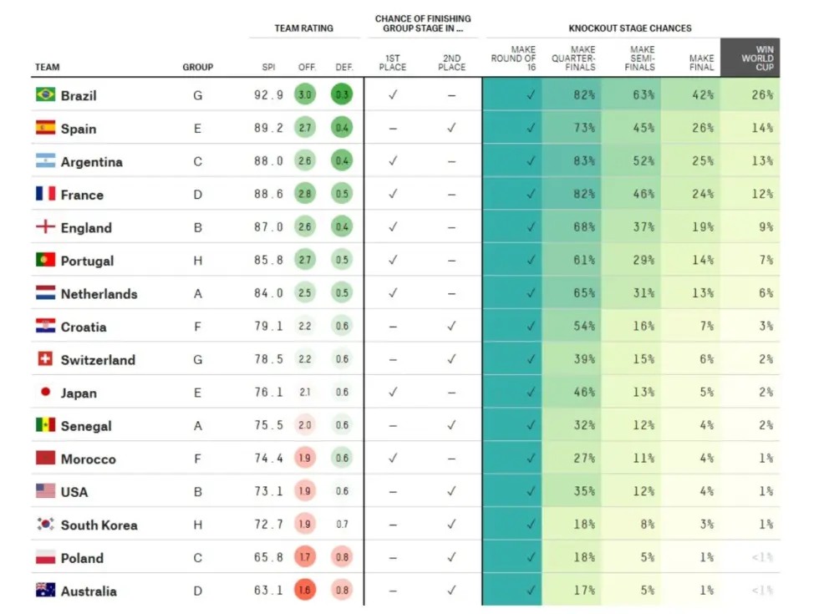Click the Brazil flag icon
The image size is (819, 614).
point(45,95)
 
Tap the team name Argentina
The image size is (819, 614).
point(91,162)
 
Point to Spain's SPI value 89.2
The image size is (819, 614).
point(268,129)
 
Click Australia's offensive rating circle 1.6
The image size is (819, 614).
point(306,591)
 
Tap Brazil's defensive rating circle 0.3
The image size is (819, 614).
point(342,95)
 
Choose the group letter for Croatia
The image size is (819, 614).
point(198,327)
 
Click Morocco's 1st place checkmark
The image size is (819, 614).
point(393,459)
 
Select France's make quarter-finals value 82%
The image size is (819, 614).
point(583,195)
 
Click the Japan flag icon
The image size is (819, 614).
point(45,392)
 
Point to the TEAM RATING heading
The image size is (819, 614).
point(303,28)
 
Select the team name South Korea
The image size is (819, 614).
point(99,525)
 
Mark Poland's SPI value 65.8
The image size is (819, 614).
point(268,558)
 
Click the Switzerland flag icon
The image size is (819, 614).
point(45,359)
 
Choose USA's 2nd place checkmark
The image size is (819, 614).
point(451,492)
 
